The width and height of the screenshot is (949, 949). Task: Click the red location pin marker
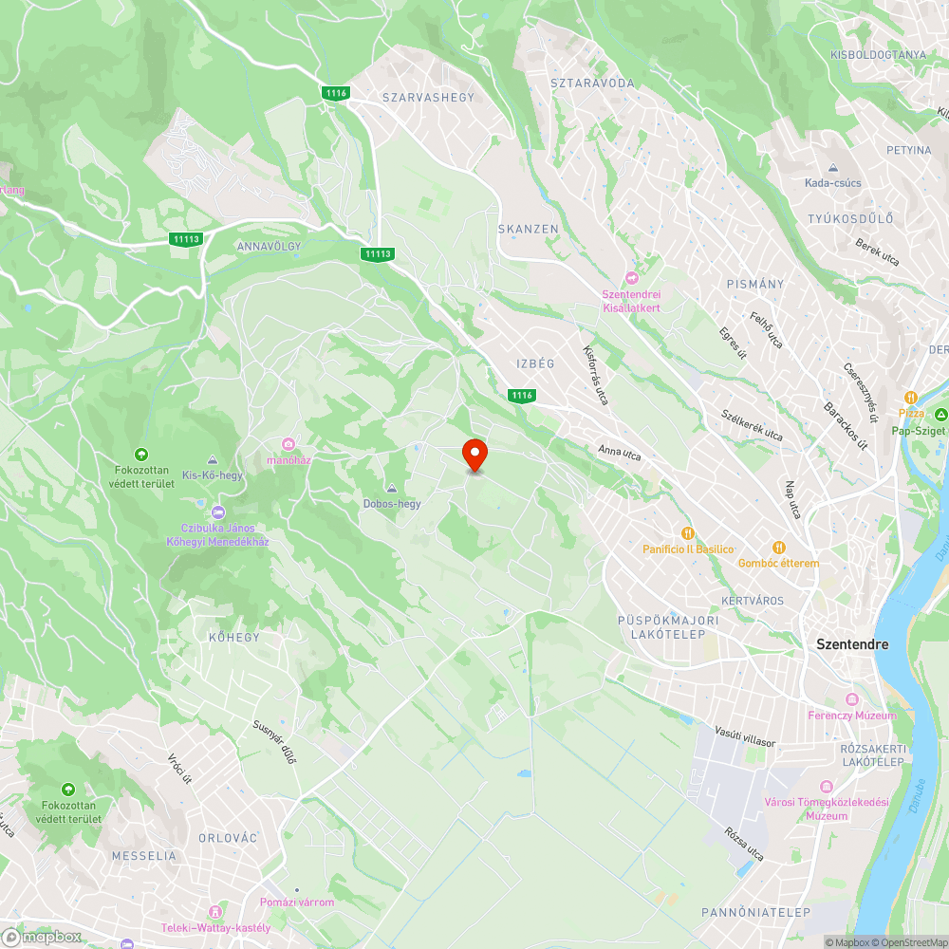(x=474, y=455)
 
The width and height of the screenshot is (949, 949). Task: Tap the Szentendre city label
(x=852, y=644)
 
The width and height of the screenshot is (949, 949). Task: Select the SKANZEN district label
(x=529, y=230)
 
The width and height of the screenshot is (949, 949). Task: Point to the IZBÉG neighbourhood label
(x=534, y=363)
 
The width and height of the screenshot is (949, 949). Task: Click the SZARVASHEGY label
(x=427, y=97)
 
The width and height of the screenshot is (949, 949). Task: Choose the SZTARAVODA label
(x=592, y=84)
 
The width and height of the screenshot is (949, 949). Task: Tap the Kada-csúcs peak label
(x=832, y=183)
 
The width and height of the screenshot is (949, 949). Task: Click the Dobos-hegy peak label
(x=392, y=504)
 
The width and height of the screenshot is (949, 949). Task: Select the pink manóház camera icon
(x=288, y=444)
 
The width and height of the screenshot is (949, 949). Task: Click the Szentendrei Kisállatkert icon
(x=632, y=277)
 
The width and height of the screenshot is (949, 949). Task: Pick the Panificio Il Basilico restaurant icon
(x=688, y=533)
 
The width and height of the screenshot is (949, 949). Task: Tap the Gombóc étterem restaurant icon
(x=778, y=547)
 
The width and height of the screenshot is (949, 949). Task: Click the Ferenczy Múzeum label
(x=851, y=716)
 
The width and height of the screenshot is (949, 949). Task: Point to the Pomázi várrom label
(x=297, y=902)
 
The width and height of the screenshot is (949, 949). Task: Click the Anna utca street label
(x=619, y=454)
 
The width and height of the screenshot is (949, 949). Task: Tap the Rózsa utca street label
(x=743, y=844)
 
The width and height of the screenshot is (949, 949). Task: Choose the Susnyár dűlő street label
(x=274, y=742)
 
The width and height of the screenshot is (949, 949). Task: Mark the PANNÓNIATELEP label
(x=755, y=912)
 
